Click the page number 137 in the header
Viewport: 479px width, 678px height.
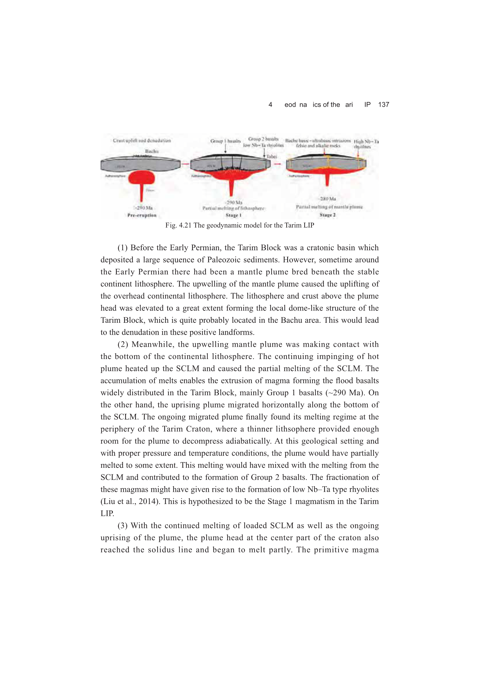tap(383, 104)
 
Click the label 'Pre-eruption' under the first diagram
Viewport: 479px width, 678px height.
tap(142, 215)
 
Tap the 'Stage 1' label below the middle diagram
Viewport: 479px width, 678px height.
tap(234, 215)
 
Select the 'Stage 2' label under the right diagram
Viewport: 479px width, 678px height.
tap(328, 215)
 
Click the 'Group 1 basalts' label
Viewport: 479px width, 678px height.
tap(225, 141)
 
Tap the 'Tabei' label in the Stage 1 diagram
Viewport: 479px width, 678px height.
tap(272, 157)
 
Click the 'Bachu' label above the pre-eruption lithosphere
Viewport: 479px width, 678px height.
tap(152, 151)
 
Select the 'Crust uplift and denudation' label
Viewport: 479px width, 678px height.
tap(142, 141)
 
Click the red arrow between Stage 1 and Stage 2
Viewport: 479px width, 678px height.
tap(277, 164)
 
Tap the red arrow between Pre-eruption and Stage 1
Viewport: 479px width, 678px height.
tap(185, 164)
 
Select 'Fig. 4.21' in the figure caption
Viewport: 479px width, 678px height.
tap(178, 225)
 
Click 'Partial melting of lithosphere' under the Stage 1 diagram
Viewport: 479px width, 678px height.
tap(234, 209)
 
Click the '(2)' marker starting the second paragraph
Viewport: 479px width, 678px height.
tap(123, 344)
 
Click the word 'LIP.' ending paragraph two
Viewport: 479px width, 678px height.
tap(107, 514)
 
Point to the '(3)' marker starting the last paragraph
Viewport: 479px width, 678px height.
tap(123, 526)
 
